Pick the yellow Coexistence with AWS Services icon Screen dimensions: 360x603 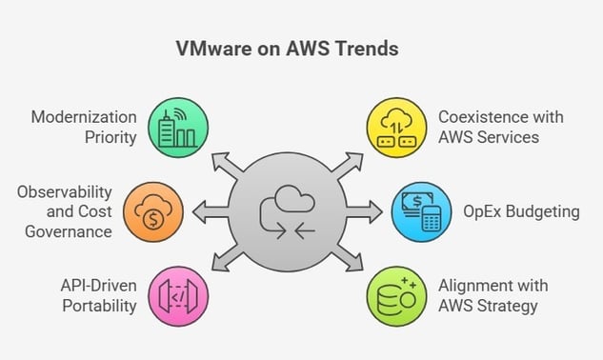[395, 127]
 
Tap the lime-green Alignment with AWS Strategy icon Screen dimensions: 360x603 [395, 293]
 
